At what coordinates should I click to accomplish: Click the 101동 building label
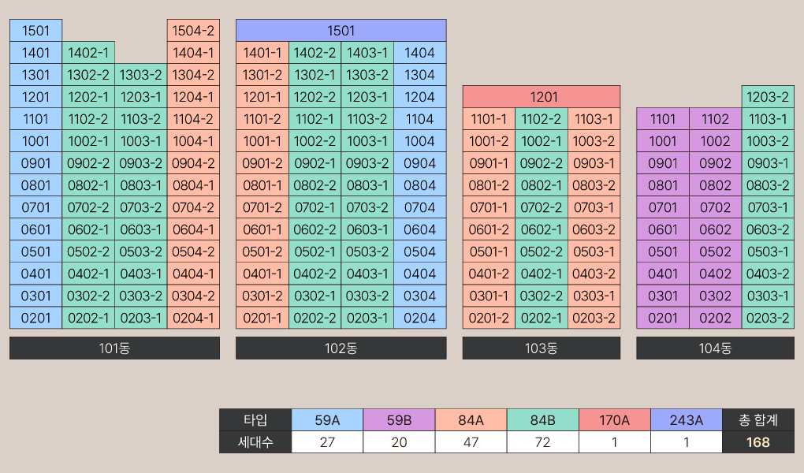coord(114,348)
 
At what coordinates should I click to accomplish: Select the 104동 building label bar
coord(715,348)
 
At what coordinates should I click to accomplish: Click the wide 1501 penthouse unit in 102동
coord(341,31)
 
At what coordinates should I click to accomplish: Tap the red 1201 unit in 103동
coord(541,97)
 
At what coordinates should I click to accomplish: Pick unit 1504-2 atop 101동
coord(193,31)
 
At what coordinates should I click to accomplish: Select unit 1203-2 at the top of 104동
coord(768,97)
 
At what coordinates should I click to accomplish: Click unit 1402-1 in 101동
coord(88,53)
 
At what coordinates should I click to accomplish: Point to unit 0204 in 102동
coord(419,318)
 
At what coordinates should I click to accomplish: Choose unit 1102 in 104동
coord(715,119)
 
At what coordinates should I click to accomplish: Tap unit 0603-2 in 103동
coord(594,229)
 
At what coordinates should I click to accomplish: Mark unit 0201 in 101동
coord(35,318)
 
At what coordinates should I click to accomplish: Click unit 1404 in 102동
coord(419,53)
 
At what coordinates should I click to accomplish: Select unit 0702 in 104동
coord(715,207)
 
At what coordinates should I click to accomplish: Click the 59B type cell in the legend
coord(399,420)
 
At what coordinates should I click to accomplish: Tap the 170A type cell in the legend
coord(614,420)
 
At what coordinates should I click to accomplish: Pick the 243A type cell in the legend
coord(686,420)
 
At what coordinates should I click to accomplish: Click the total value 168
coord(757,442)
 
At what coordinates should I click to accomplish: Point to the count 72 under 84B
coord(542,442)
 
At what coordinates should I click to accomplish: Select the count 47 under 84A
coord(471,442)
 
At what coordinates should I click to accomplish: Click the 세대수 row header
coord(255,442)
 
